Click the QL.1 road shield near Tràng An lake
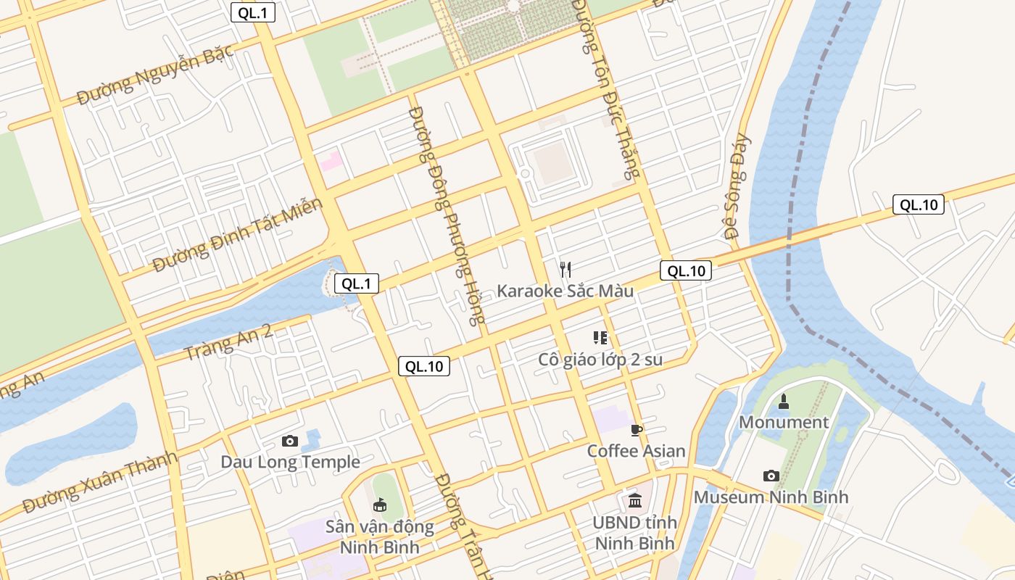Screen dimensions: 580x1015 coord(356,283)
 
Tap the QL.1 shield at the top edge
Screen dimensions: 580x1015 coord(253,12)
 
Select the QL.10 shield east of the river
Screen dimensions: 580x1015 coord(918,204)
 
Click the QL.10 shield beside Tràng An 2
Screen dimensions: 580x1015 coord(424,366)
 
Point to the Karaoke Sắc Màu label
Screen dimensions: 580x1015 coord(565,291)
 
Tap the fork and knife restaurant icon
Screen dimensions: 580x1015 coord(565,270)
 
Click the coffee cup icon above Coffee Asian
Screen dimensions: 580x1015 coord(637,430)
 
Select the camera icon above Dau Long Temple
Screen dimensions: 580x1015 coord(290,441)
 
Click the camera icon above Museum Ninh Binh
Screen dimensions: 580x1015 coord(771,476)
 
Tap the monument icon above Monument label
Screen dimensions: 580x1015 coord(783,401)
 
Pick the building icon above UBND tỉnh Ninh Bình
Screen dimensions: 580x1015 coord(635,500)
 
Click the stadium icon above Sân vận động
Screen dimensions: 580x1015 coord(378,505)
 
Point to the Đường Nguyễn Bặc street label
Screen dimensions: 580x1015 coord(155,74)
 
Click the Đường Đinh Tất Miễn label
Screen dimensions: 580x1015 coord(237,236)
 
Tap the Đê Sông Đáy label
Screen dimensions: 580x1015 coord(737,187)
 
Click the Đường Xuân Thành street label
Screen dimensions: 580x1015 coord(100,482)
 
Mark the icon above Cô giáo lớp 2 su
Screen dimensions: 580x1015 coord(600,337)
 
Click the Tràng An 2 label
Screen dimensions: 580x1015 coord(228,342)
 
